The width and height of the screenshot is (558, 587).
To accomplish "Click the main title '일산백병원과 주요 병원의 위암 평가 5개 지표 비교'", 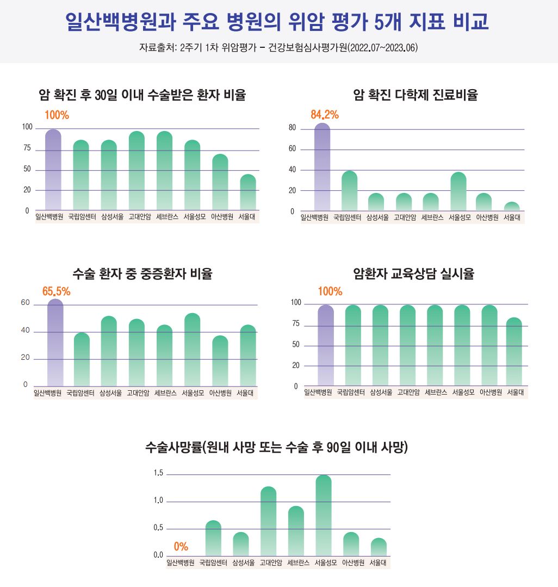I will [277, 21].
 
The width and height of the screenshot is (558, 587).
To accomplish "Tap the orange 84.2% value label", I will [325, 115].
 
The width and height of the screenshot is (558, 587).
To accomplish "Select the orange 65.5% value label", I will [56, 291].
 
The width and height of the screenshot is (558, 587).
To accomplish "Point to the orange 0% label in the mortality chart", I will [181, 547].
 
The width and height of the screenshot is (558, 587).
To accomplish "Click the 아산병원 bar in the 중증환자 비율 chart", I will [220, 361].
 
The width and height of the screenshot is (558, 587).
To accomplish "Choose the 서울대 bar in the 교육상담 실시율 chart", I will [514, 352].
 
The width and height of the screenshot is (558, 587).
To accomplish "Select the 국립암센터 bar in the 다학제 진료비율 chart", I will [349, 191].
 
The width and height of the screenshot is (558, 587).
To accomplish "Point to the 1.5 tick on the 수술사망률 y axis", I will [158, 473].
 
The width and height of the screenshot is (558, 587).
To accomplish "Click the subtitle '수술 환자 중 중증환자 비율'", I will [142, 274].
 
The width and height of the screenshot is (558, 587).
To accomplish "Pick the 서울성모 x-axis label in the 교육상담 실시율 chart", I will [463, 392].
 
